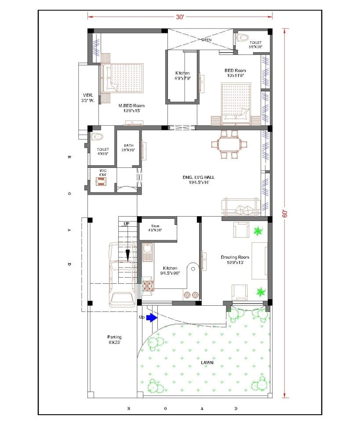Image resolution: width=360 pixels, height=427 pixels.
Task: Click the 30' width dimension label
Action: pyautogui.click(x=180, y=17)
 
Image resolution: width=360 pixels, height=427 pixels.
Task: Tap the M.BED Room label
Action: pyautogui.click(x=131, y=108)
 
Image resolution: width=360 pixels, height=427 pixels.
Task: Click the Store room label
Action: pyautogui.click(x=155, y=228)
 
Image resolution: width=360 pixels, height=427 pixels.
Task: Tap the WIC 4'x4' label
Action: pyautogui.click(x=102, y=173)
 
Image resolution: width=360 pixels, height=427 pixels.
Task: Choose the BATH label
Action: pyautogui.click(x=128, y=148)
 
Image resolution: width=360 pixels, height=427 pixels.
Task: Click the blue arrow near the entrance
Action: pyautogui.click(x=151, y=317)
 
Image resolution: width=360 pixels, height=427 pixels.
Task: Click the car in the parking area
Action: pyautogui.click(x=123, y=275)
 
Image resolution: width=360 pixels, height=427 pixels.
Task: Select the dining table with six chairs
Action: pyautogui.click(x=226, y=144)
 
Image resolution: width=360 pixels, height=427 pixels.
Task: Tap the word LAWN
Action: pyautogui.click(x=207, y=362)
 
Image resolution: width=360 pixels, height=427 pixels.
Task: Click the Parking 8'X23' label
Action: pyautogui.click(x=115, y=340)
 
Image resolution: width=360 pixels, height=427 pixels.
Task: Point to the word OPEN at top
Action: pyautogui.click(x=207, y=40)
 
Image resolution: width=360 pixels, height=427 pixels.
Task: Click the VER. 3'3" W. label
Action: pyautogui.click(x=88, y=98)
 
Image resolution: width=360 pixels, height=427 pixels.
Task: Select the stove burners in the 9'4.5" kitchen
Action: pyautogui.click(x=147, y=286)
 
